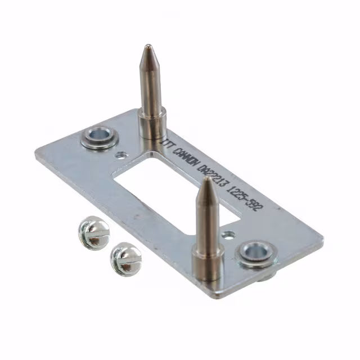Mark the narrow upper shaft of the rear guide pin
pos(150,84)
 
